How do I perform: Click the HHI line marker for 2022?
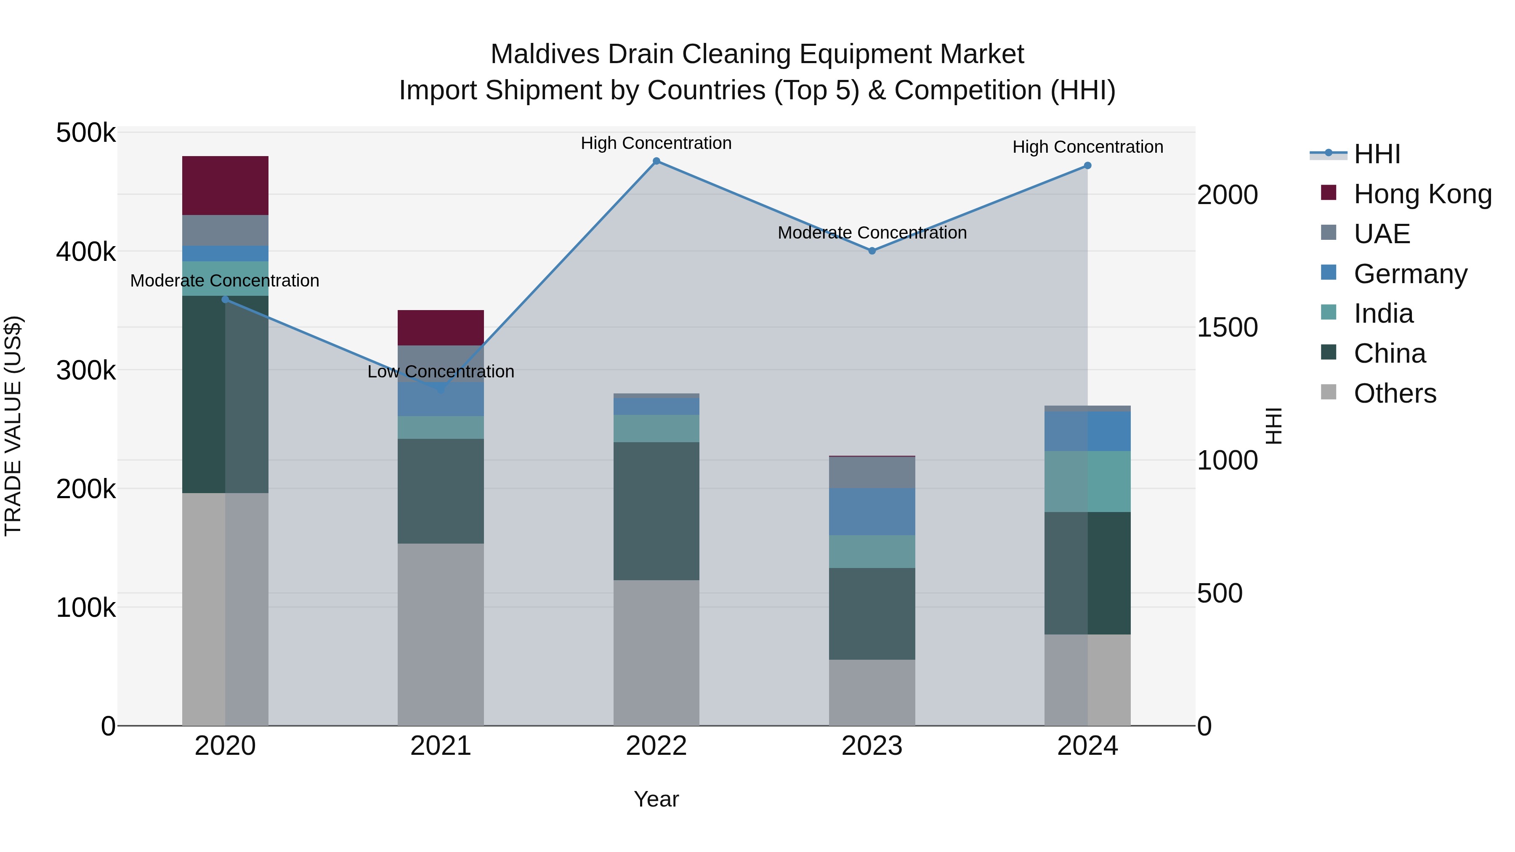pyautogui.click(x=656, y=161)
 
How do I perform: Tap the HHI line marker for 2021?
pyautogui.click(x=441, y=389)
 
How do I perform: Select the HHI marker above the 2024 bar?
pyautogui.click(x=1087, y=166)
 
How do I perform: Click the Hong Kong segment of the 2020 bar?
pyautogui.click(x=225, y=185)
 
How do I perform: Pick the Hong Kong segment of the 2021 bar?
pyautogui.click(x=441, y=327)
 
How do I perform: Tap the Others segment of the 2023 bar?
pyautogui.click(x=872, y=692)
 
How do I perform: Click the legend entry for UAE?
pyautogui.click(x=1382, y=234)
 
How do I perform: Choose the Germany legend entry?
pyautogui.click(x=1410, y=274)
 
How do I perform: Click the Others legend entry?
pyautogui.click(x=1395, y=393)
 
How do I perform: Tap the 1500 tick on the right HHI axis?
pyautogui.click(x=1228, y=327)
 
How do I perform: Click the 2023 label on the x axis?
pyautogui.click(x=872, y=746)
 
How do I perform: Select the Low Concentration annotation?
pyautogui.click(x=441, y=372)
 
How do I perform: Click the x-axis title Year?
pyautogui.click(x=656, y=799)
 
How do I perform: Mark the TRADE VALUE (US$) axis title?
pyautogui.click(x=13, y=426)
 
